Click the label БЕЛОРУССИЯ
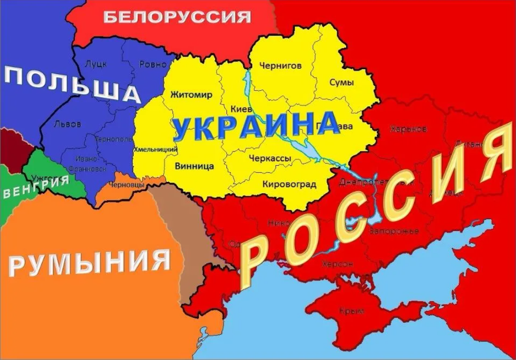177,17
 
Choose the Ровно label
152,64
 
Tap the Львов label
67,124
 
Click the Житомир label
191,95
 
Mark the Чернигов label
280,65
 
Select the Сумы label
341,82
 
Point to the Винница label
194,166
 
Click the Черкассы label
270,158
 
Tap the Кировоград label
289,184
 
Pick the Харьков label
408,129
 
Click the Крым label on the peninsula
351,310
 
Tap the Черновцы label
126,185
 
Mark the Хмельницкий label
155,149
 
